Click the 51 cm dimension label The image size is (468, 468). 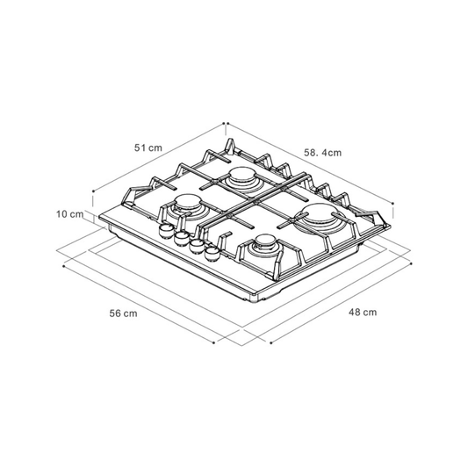148,148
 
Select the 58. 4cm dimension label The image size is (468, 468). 322,153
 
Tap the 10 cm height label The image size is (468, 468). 70,214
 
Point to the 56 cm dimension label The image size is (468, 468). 123,313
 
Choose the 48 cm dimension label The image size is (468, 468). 363,313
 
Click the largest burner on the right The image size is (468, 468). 318,217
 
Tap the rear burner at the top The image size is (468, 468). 242,178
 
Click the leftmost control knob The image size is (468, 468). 165,230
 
